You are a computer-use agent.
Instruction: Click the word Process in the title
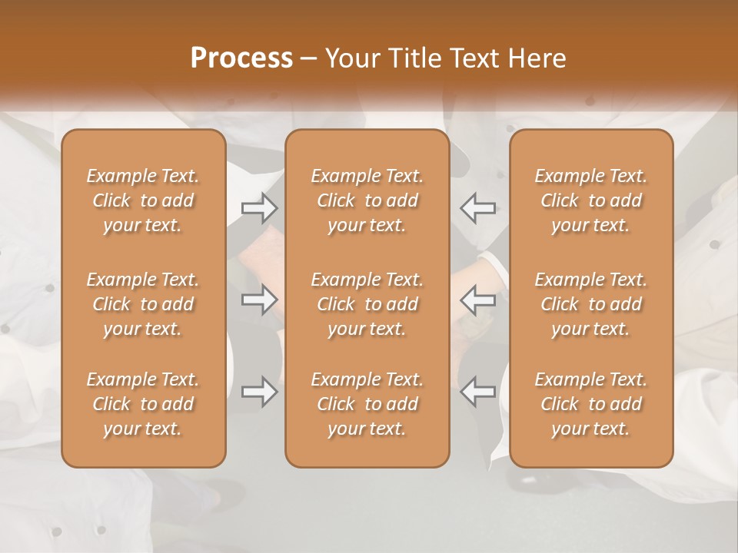click(x=241, y=58)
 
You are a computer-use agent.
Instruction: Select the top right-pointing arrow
click(x=259, y=207)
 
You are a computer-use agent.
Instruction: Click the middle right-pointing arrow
click(x=259, y=300)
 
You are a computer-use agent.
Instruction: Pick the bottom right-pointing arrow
click(x=259, y=392)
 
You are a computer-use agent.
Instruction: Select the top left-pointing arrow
click(x=477, y=207)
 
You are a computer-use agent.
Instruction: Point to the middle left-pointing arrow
click(x=477, y=300)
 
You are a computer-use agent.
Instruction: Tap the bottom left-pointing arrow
click(x=477, y=392)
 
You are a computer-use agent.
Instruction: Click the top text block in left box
click(x=143, y=200)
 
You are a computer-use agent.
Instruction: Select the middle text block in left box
click(x=143, y=304)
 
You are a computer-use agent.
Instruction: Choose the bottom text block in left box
click(x=143, y=404)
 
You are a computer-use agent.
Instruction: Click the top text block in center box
click(x=367, y=200)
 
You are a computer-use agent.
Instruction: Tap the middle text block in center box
click(x=367, y=304)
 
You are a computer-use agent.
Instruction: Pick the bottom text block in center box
click(x=367, y=404)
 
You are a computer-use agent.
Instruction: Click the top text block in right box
click(x=591, y=200)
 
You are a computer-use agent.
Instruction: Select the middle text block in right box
click(x=591, y=304)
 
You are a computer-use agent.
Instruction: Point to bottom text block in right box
click(x=591, y=404)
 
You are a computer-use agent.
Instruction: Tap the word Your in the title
click(x=350, y=58)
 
